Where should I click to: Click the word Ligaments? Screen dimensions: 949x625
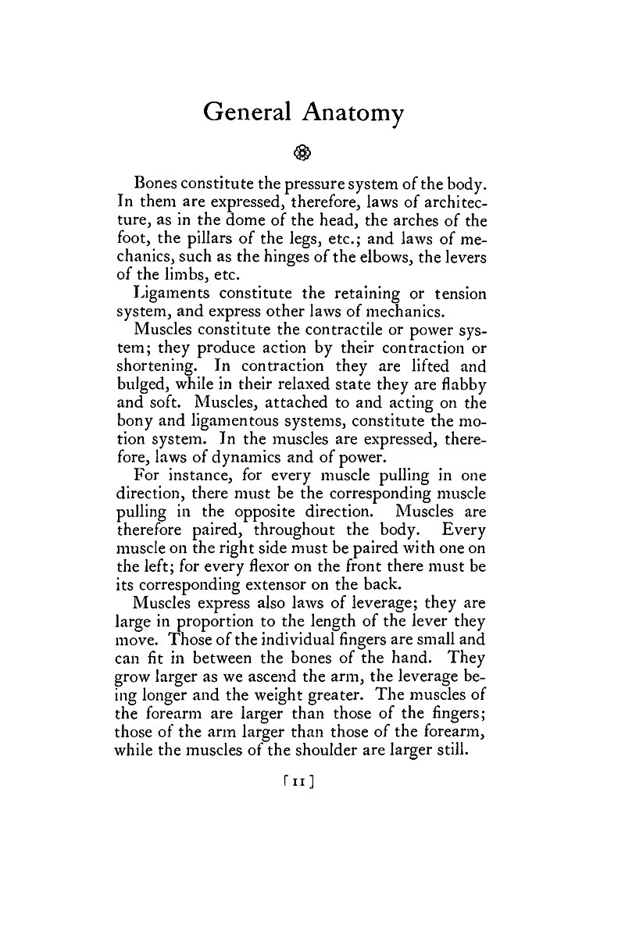pos(169,294)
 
